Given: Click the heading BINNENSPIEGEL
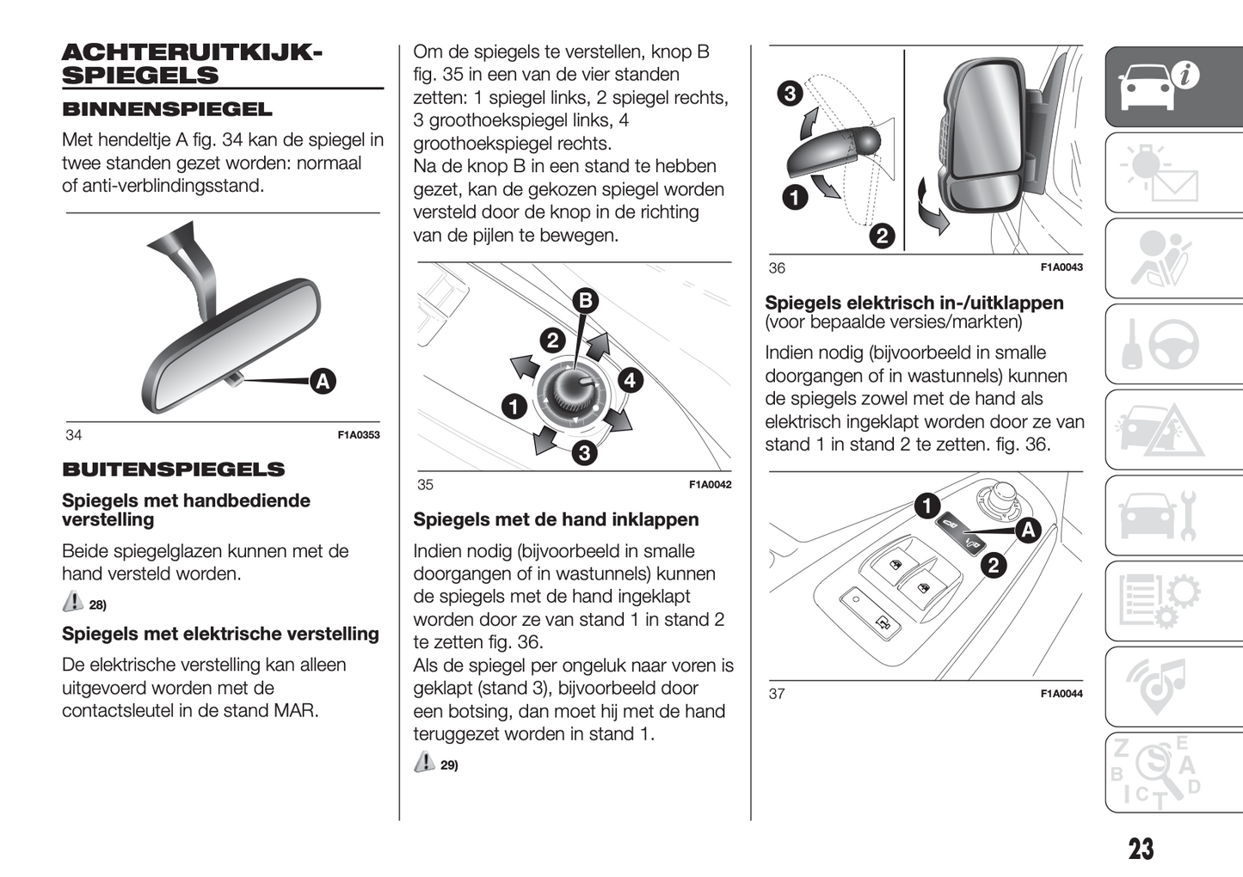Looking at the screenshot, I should [x=167, y=110].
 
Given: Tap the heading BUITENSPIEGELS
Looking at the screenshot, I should [x=173, y=469].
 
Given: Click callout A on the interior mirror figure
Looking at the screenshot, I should [x=323, y=381].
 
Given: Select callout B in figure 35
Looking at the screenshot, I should [x=585, y=300].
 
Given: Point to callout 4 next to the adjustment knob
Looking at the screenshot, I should [x=631, y=379].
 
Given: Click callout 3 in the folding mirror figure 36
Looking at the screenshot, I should [x=789, y=93].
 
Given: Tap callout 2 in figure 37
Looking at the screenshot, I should [x=994, y=565].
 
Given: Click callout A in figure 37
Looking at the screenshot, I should [x=1028, y=530].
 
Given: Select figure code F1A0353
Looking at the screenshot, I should [x=358, y=435].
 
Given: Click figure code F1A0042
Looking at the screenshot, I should [x=710, y=485].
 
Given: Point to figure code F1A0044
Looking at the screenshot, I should [x=1061, y=694].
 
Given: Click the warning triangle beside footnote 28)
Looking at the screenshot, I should [x=73, y=602].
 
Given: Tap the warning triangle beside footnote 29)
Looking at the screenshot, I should [x=424, y=762].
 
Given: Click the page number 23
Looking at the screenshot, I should [x=1141, y=849].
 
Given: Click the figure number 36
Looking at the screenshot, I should [x=777, y=268].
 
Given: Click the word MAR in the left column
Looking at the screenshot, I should [x=294, y=711].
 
